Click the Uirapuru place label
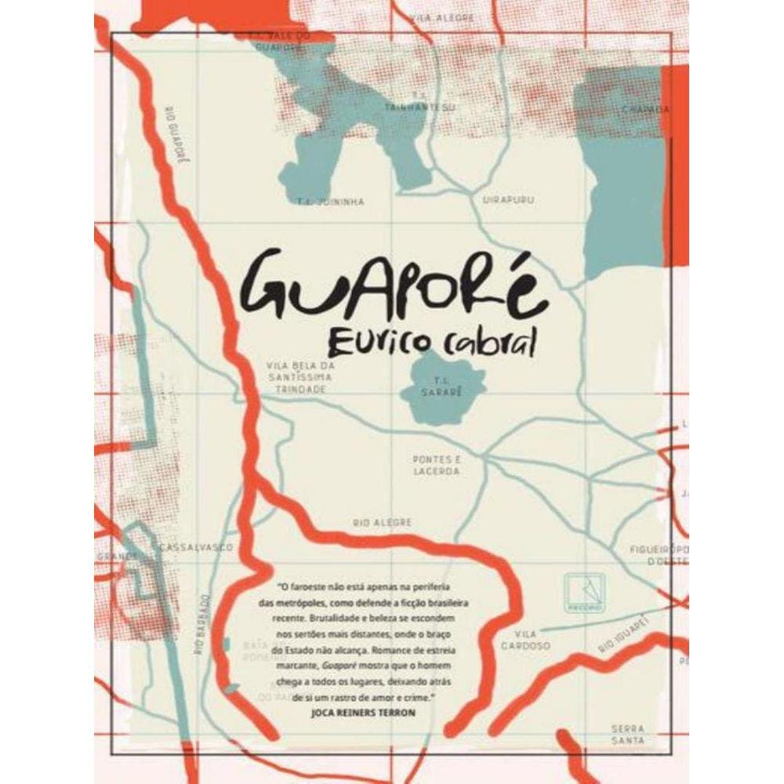(508, 201)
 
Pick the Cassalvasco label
(195, 547)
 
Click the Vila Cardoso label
(533, 640)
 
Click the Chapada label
(645, 110)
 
